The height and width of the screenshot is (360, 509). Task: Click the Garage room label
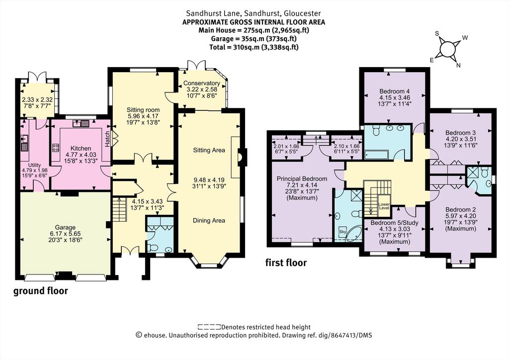click(x=65, y=228)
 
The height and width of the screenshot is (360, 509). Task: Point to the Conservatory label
click(x=202, y=83)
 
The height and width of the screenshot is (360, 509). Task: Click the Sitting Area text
click(x=209, y=150)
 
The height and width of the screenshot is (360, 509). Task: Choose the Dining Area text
click(x=209, y=220)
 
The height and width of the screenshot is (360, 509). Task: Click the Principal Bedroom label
click(x=302, y=179)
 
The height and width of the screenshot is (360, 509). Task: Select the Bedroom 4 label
click(x=392, y=91)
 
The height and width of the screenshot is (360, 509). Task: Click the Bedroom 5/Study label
click(x=394, y=223)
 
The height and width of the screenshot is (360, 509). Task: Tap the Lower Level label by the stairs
click(x=384, y=206)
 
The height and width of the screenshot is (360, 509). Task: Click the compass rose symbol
click(x=447, y=49)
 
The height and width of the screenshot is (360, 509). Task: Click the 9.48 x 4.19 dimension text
click(x=209, y=180)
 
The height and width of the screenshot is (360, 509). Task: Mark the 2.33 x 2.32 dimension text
click(x=37, y=100)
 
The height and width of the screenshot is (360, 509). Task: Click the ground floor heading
click(x=41, y=291)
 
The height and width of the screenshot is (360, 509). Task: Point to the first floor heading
click(x=286, y=262)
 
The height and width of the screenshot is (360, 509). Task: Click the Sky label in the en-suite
click(x=342, y=232)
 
